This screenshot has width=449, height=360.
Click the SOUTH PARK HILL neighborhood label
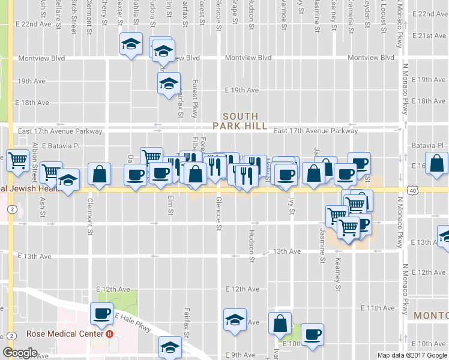tap(240, 121)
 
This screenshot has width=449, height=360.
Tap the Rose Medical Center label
tap(65, 334)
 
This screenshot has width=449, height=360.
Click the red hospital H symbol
tap(109, 334)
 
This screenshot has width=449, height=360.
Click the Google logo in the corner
tap(19, 353)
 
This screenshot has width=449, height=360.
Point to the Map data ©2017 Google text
tap(412, 355)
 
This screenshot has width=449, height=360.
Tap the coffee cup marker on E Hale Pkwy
tap(101, 313)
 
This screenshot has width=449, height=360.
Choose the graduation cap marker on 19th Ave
tap(169, 83)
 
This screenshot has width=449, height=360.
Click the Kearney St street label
tap(338, 274)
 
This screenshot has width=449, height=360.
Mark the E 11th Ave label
tap(378, 308)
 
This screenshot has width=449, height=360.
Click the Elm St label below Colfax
tap(170, 205)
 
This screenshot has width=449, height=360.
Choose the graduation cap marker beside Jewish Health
tap(68, 181)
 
